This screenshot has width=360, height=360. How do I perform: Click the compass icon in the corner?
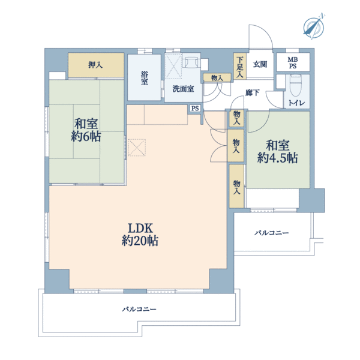[x=314, y=27]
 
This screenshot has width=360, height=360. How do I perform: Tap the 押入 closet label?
[x=95, y=65]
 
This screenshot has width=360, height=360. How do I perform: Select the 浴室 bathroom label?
[x=145, y=78]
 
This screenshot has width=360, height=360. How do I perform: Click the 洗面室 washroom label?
[x=183, y=89]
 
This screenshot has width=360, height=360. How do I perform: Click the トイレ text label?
[x=296, y=103]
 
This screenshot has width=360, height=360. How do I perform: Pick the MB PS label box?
[x=293, y=62]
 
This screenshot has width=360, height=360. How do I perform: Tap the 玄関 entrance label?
[x=260, y=65]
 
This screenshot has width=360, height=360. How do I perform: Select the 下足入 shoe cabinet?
[x=240, y=66]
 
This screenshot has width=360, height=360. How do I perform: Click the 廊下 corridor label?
[x=253, y=93]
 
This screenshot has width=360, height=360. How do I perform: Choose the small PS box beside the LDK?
[x=195, y=108]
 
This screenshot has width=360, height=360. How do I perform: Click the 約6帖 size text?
[x=86, y=137]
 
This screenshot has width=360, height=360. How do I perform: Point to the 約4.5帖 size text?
[x=278, y=158]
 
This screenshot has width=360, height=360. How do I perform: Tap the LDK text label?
[x=140, y=228]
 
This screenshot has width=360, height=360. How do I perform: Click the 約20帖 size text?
[x=140, y=241]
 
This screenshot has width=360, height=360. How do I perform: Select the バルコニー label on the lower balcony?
[x=139, y=309]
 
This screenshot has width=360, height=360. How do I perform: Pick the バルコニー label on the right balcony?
[x=272, y=233]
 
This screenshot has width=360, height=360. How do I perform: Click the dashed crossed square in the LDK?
[x=137, y=148]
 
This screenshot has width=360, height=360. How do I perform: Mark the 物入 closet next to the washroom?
[x=217, y=78]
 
